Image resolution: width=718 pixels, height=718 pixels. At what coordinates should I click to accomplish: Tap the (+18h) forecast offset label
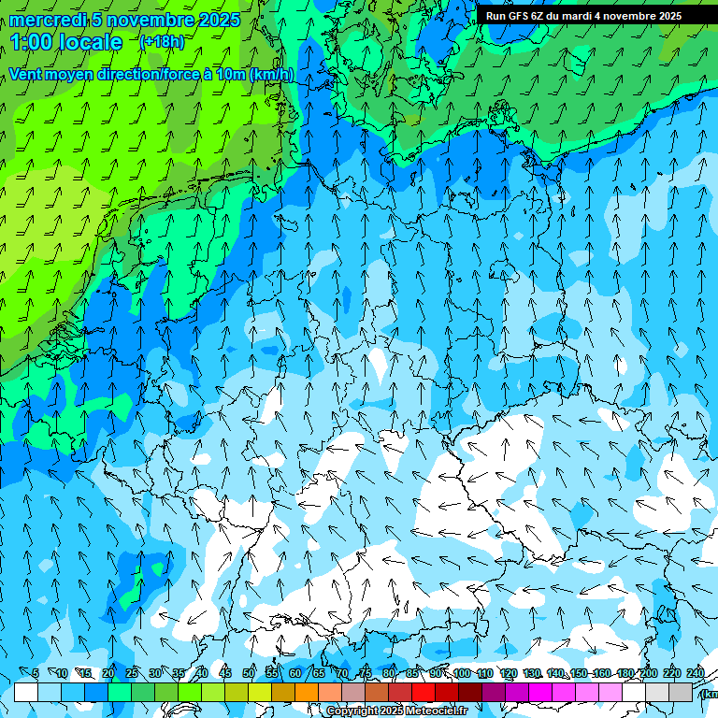[x=162, y=41]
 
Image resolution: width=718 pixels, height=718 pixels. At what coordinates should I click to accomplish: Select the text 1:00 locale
[x=66, y=42]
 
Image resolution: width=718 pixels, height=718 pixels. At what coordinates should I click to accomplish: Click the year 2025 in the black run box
[x=665, y=16]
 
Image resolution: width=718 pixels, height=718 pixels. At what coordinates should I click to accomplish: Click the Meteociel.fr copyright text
[x=396, y=711]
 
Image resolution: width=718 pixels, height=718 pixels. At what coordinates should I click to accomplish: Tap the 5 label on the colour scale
[x=36, y=673]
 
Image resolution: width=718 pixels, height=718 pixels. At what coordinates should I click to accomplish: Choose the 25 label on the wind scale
[x=132, y=673]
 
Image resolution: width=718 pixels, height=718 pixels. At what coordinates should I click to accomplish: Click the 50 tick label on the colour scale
[x=249, y=673]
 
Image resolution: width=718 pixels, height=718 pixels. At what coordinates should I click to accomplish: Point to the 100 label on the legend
[x=461, y=673]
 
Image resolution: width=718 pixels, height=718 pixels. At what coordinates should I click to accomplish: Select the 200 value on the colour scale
[x=648, y=673]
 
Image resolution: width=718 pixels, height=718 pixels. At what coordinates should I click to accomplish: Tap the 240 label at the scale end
[x=695, y=673]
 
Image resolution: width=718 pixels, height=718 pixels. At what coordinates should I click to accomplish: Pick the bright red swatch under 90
[x=424, y=692]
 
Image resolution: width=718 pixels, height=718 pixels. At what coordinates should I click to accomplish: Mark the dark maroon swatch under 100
[x=471, y=692]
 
